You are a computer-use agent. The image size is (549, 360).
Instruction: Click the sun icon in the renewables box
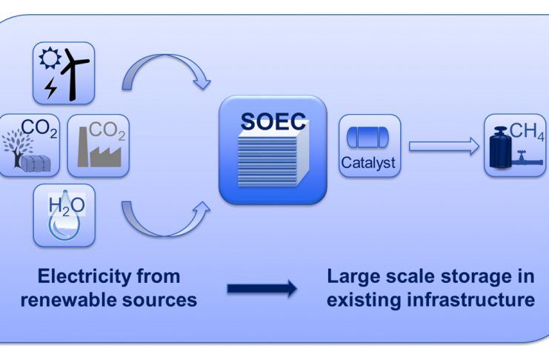[50, 58]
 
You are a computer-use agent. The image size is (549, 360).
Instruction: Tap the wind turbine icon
[73, 74]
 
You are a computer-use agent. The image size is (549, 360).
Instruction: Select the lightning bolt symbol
[51, 87]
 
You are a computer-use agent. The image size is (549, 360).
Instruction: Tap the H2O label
[67, 206]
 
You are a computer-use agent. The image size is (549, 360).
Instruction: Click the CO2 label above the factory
[107, 130]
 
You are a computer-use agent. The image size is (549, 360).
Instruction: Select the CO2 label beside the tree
[39, 128]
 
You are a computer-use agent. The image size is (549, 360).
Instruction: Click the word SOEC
[273, 121]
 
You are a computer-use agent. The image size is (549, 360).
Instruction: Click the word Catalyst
[368, 162]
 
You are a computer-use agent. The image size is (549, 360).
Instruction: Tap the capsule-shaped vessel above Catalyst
[367, 137]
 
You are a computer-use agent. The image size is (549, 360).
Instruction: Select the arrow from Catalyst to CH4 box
[444, 146]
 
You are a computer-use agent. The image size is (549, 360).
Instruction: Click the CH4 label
[527, 132]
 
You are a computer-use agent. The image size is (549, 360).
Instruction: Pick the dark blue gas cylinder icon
[501, 148]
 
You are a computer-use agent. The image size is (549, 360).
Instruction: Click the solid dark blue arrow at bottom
[262, 289]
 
